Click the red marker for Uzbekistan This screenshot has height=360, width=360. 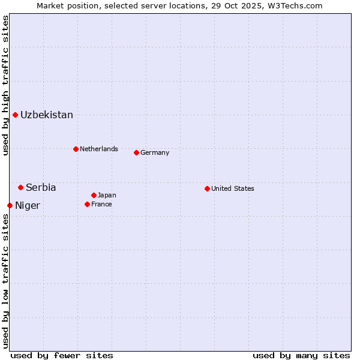(x=15, y=115)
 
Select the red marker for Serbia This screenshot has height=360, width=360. (x=20, y=187)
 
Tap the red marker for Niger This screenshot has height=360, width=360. (x=10, y=205)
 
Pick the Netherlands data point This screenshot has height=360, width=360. (x=76, y=149)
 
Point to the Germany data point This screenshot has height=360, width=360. (x=136, y=152)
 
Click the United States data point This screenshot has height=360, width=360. (x=207, y=188)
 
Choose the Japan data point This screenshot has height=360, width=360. (x=94, y=195)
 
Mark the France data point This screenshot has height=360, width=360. (x=87, y=204)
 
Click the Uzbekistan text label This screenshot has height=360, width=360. (x=47, y=115)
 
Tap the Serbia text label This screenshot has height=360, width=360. (x=41, y=188)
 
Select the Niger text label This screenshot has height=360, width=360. (x=28, y=206)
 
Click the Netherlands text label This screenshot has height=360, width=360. (x=99, y=149)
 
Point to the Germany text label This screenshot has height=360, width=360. (x=155, y=152)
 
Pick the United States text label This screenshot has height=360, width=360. (x=233, y=188)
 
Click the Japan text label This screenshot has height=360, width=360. (x=107, y=195)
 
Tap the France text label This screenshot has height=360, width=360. (x=101, y=204)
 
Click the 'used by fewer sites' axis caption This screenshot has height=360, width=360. (x=62, y=355)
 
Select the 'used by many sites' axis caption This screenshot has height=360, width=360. (x=301, y=355)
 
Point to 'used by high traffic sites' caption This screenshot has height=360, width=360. (x=5, y=85)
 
